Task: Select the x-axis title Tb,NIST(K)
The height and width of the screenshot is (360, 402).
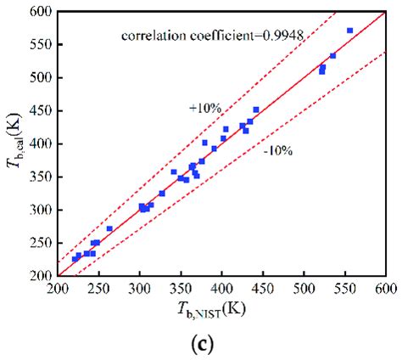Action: coord(222,312)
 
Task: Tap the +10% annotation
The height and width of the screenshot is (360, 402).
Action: coord(204,108)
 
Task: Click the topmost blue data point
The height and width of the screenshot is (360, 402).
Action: coord(349,31)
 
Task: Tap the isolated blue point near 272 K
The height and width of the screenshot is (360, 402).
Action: coord(109,228)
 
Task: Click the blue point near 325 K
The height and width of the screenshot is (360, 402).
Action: coord(161,194)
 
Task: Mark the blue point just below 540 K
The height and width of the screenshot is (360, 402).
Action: coord(332,56)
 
